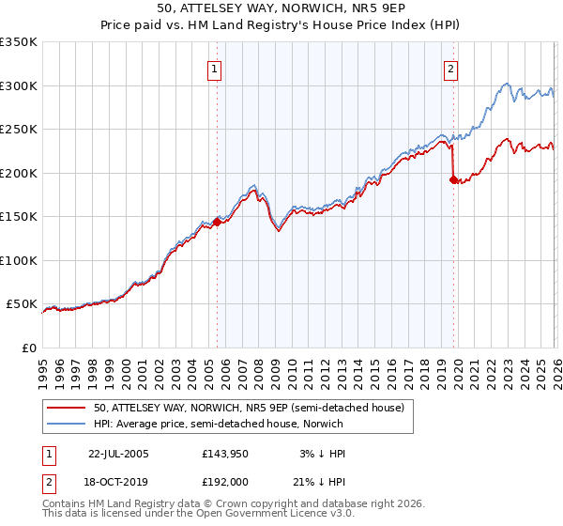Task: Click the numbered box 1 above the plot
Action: coord(216,68)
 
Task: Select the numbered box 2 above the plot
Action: coord(451,68)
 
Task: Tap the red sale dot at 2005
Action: coord(217,222)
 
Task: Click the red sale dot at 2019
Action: coord(453,179)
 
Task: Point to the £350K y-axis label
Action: coord(19,42)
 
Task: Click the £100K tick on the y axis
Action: coord(19,260)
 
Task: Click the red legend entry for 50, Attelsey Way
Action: coord(249,408)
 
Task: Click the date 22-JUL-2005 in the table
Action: coord(118,454)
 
